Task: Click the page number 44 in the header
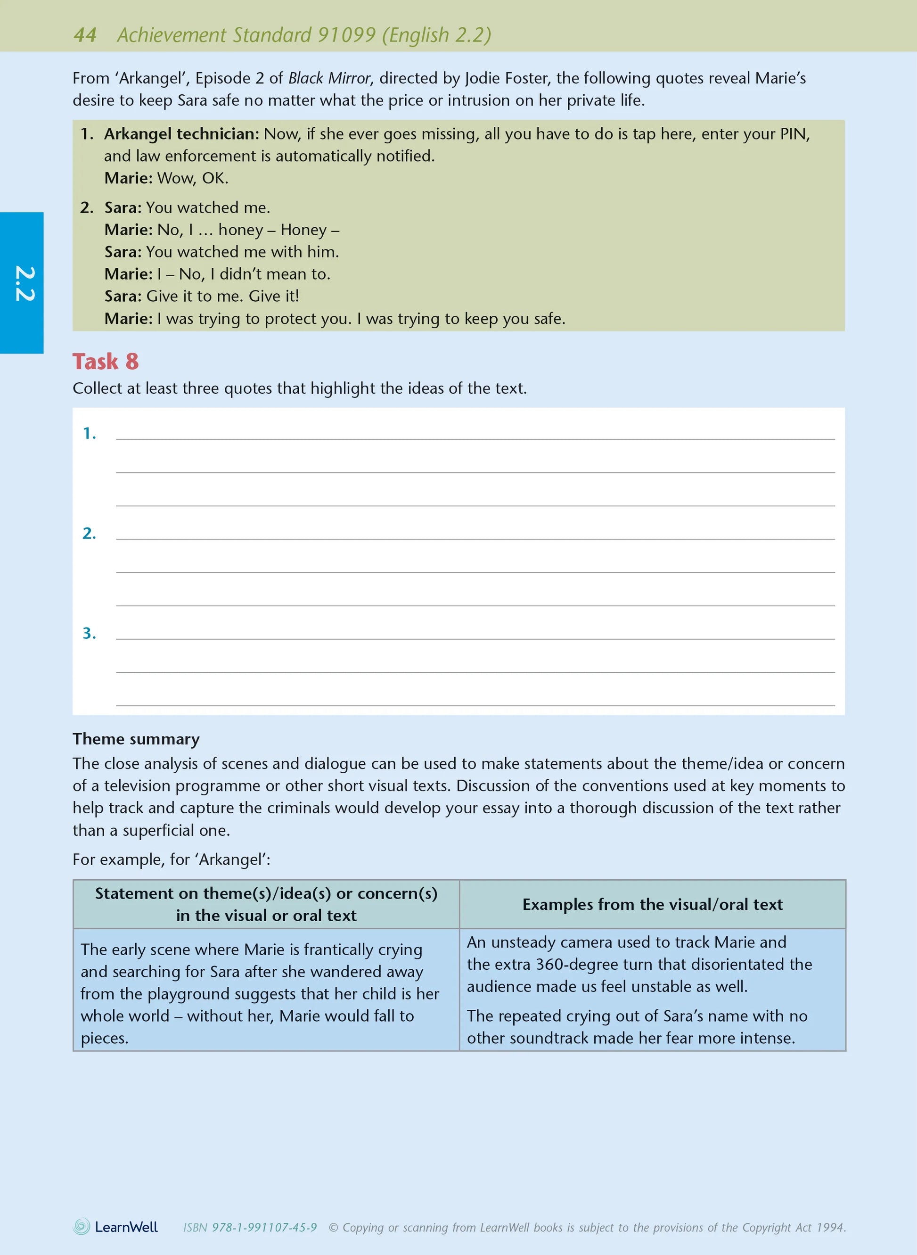85,35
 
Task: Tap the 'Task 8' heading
106,362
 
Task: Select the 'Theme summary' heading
136,739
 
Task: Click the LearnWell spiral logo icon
82,1227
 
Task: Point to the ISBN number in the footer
250,1227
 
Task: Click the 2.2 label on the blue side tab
25,284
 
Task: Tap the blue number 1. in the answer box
90,434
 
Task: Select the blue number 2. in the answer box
90,534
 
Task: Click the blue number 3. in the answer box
90,634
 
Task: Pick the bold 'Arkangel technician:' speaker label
181,134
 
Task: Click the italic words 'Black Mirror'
329,78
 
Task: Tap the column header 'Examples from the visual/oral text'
652,905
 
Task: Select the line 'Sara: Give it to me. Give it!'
202,296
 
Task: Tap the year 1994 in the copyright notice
831,1227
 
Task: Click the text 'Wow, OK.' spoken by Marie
193,178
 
